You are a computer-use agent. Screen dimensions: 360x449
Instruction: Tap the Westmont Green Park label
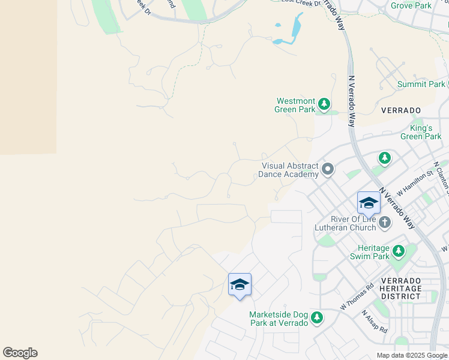[295, 105]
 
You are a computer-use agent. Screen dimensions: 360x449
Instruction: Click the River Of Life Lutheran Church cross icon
[384, 223]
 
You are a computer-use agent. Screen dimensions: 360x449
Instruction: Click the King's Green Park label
[421, 132]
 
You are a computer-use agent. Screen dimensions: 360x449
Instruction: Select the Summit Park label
[421, 85]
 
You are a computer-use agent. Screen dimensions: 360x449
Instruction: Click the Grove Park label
[411, 5]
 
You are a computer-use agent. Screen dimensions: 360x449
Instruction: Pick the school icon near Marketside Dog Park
[240, 284]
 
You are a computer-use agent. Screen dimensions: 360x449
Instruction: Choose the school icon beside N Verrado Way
[369, 203]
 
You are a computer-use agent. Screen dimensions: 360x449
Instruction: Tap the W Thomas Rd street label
[357, 296]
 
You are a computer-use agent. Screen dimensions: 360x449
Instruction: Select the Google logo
[20, 353]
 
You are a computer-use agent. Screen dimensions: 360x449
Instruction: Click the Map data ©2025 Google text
[412, 355]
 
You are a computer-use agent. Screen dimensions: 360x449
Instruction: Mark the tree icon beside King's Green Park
[384, 158]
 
